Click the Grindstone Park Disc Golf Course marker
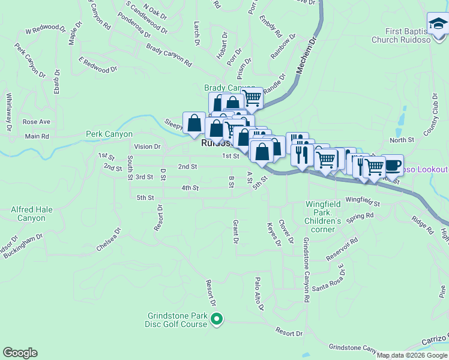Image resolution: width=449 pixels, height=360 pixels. [217, 319]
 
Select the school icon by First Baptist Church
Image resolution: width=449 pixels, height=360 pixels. [438, 24]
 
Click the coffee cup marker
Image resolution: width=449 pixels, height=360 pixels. [392, 165]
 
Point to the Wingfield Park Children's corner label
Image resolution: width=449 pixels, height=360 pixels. [323, 213]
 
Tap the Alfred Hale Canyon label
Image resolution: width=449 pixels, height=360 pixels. [28, 214]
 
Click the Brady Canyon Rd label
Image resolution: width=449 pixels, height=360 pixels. [169, 56]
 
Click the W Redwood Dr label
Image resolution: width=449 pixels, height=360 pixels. [45, 29]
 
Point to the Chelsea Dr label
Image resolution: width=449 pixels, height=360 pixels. [109, 239]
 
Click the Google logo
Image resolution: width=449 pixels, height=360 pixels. [20, 353]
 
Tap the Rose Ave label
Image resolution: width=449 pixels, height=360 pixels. [36, 122]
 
